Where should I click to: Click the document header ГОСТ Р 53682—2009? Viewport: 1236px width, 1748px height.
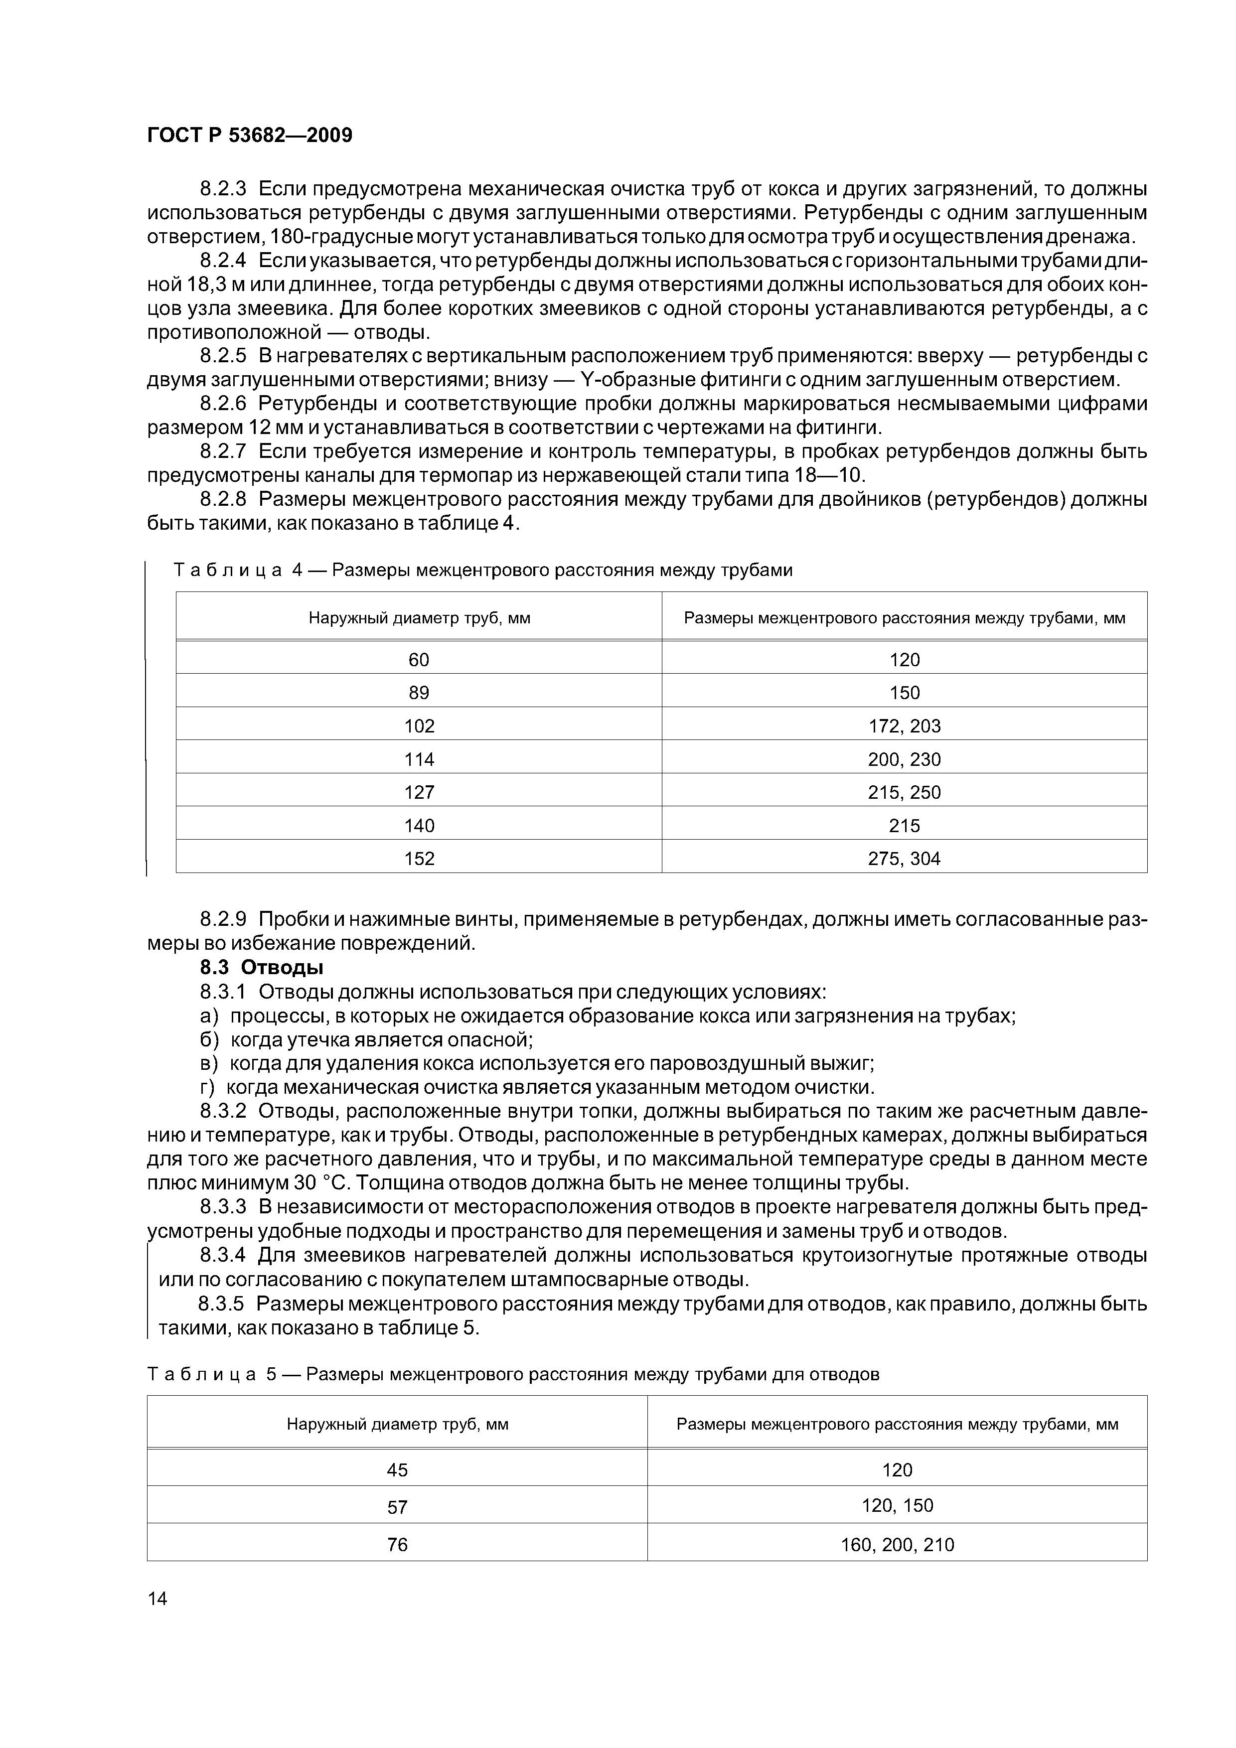(249, 136)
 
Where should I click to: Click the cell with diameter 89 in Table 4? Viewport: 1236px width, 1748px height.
(418, 693)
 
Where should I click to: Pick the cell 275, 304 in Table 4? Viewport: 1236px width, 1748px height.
(904, 859)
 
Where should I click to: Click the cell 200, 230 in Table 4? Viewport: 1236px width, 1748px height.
(904, 759)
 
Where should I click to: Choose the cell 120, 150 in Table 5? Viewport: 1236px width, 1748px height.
(897, 1505)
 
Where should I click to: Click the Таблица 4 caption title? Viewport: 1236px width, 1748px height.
(483, 570)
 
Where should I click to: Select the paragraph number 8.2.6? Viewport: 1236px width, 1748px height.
(223, 404)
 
